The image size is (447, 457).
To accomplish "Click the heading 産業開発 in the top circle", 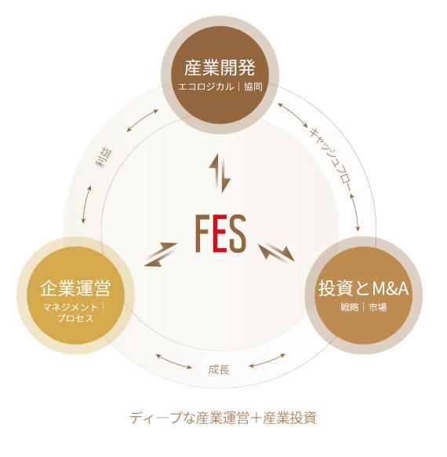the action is coord(220,68).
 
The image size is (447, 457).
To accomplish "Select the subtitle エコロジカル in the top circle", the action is coord(205,87).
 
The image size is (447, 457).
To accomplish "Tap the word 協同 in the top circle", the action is coord(253,87).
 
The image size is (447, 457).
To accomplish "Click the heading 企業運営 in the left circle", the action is coord(75,288).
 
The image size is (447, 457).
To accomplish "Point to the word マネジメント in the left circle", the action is coord(71,307).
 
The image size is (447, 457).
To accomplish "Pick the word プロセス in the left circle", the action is coord(75,318).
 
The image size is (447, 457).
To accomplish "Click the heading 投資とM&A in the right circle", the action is coord(363,288).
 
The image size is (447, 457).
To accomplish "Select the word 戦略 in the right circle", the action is coord(350,307).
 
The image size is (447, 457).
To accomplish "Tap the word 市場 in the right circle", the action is coord(378,307).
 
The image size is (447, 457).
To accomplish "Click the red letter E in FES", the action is coord(220,233).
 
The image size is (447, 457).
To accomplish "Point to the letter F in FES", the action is coord(202,233).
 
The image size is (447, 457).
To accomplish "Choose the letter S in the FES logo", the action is coord(238,233).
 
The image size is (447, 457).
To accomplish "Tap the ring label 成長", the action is coord(219,370).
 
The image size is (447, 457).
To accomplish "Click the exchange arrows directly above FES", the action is coord(220,173).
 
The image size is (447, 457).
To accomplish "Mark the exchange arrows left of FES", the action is coord(161,254).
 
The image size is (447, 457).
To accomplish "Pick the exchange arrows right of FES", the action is coord(277,252).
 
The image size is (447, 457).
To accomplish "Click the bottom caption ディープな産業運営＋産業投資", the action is coord(223,418).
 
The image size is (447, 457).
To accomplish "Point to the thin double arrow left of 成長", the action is coord(174,361).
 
